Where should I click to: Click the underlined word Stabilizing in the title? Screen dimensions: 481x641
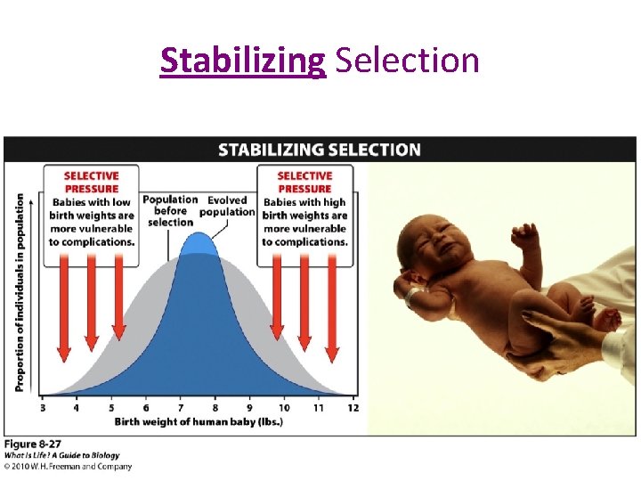pos(243,61)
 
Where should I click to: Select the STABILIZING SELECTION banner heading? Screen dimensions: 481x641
pos(320,149)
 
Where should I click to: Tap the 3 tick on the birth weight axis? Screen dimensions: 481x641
pos(43,407)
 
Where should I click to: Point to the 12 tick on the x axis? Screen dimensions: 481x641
pos(353,407)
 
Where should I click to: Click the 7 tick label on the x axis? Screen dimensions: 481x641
pos(181,407)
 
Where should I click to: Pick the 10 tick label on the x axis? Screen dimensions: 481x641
pos(284,407)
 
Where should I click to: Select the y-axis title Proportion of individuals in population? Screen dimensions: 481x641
pos(20,292)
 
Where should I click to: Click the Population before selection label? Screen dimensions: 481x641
pos(169,211)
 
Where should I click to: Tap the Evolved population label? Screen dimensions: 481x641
pos(227,206)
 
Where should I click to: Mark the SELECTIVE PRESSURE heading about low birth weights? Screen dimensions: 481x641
pos(91,182)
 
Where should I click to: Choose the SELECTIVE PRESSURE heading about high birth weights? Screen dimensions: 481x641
pos(304,182)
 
